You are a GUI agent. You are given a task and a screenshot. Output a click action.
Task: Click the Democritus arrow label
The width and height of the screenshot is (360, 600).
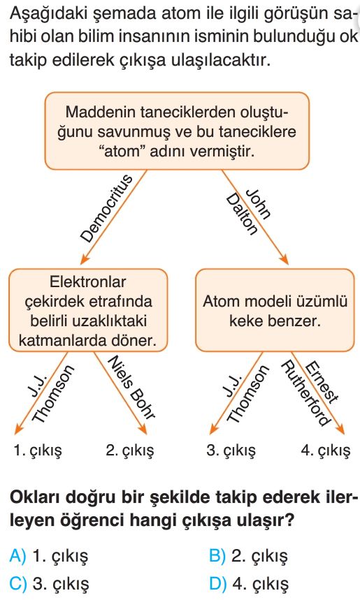click(x=106, y=209)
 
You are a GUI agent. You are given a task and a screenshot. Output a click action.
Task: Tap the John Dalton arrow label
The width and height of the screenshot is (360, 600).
click(x=249, y=210)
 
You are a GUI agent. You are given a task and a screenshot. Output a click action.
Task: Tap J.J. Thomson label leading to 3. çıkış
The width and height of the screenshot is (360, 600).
click(x=245, y=393)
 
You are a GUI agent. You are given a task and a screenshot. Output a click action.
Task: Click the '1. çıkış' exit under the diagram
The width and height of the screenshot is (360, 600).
click(x=38, y=451)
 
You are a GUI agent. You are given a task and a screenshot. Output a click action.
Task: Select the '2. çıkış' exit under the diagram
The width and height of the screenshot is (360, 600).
click(x=130, y=451)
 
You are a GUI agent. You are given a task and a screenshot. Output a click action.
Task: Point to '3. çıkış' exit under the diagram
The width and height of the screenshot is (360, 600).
click(x=231, y=451)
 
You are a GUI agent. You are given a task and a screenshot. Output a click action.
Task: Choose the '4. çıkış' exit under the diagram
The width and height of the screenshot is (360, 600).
click(x=326, y=451)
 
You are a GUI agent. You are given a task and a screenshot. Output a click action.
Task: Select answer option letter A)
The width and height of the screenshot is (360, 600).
click(x=17, y=555)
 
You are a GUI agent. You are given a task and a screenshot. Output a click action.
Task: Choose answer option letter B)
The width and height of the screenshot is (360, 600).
click(x=217, y=555)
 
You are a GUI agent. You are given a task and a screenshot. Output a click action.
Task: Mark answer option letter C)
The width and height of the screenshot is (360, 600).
click(x=18, y=583)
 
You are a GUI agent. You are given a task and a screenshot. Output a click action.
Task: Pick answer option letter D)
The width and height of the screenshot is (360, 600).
click(x=218, y=583)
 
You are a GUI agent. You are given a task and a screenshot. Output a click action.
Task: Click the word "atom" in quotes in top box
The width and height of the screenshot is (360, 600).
click(x=122, y=152)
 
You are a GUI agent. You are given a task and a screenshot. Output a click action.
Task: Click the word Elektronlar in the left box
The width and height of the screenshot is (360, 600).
click(x=87, y=282)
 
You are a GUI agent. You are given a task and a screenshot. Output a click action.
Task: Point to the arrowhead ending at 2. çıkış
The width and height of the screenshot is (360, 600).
click(x=143, y=430)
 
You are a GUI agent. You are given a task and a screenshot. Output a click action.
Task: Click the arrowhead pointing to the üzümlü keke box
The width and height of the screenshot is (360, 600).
click(x=283, y=259)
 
